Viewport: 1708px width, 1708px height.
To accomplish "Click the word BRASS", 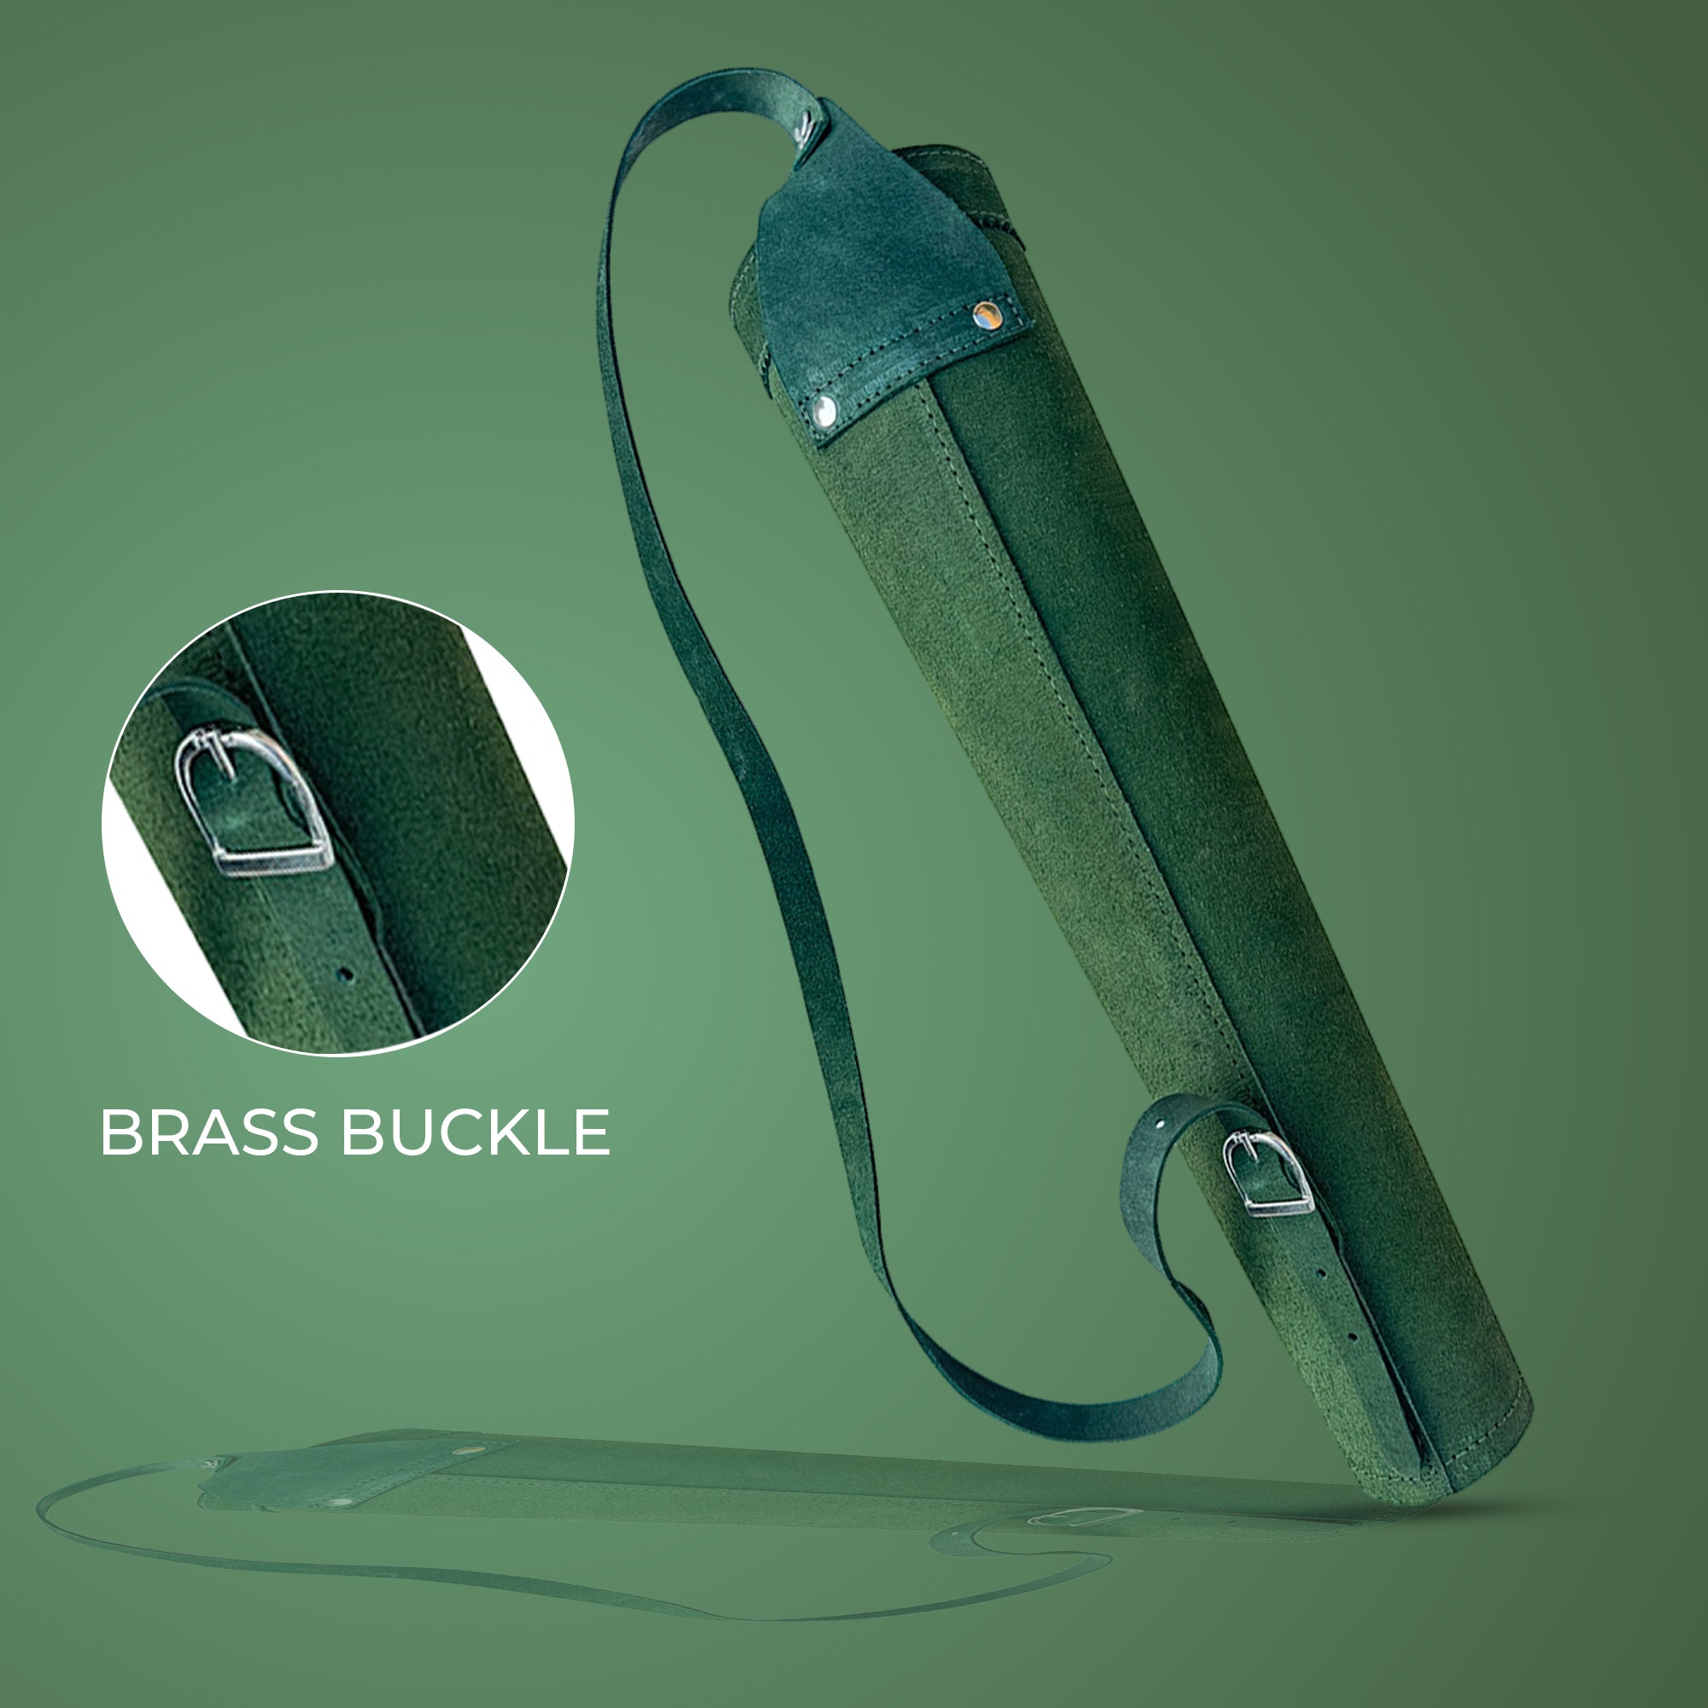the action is (208, 1132).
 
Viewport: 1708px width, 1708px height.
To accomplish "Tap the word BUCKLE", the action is (476, 1132).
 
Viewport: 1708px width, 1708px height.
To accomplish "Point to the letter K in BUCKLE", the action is (518, 1132).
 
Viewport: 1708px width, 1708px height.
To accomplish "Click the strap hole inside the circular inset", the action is (346, 975).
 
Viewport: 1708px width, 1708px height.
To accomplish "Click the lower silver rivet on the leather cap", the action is (825, 410).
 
